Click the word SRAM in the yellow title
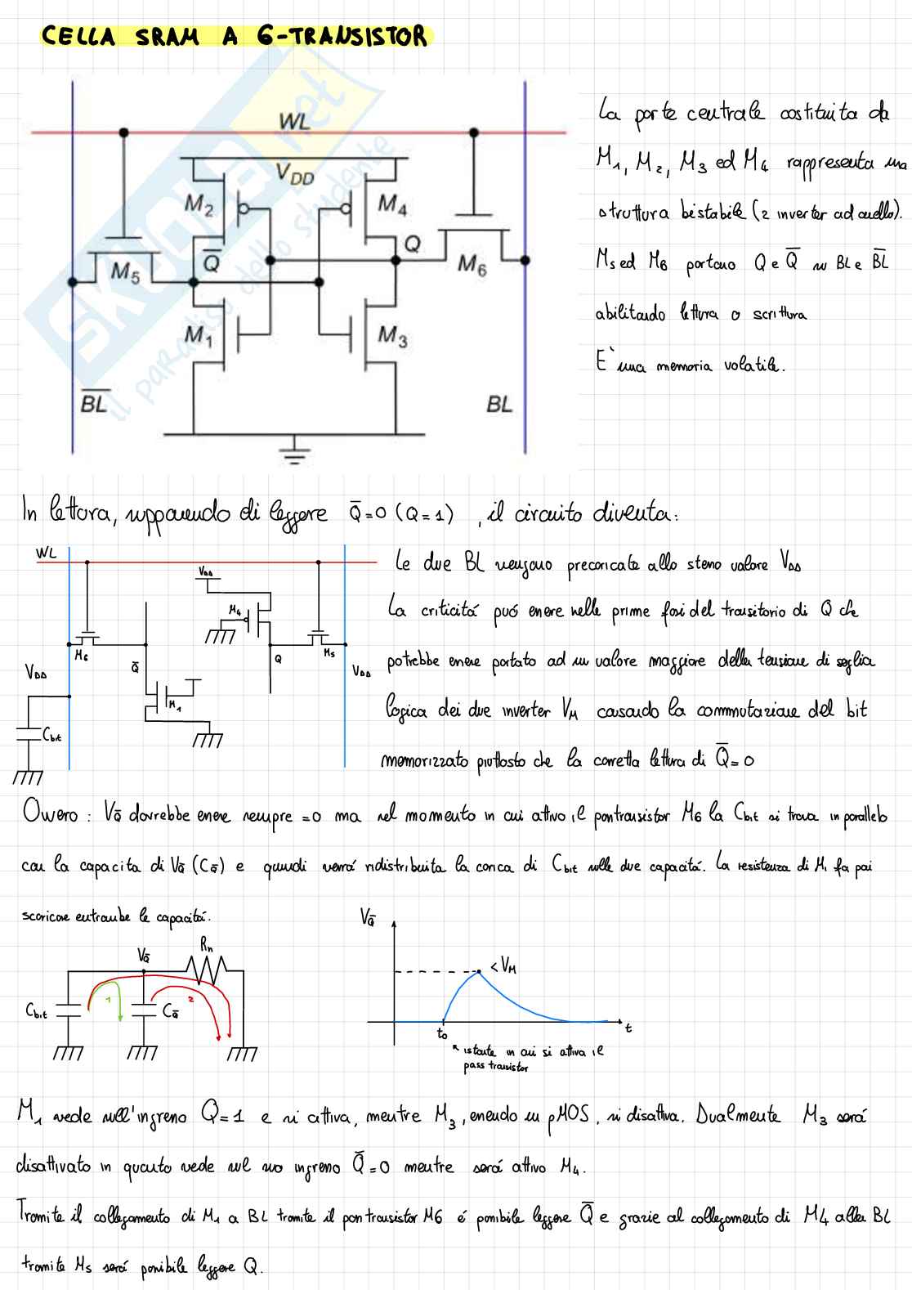pos(167,37)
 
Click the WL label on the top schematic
pos(294,122)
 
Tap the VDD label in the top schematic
pos(294,173)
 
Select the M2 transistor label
pos(199,204)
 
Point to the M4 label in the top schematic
pos(392,204)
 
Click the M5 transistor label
pos(124,271)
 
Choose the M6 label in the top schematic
pos(472,263)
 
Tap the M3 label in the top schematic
pos(392,336)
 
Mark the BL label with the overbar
pos(94,401)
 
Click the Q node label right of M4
pos(413,244)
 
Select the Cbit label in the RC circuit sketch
pos(36,1011)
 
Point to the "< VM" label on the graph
pos(503,968)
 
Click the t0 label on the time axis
pos(442,1034)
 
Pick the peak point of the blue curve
pos(478,971)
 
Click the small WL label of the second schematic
pos(47,553)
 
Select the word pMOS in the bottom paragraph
pos(567,1117)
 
